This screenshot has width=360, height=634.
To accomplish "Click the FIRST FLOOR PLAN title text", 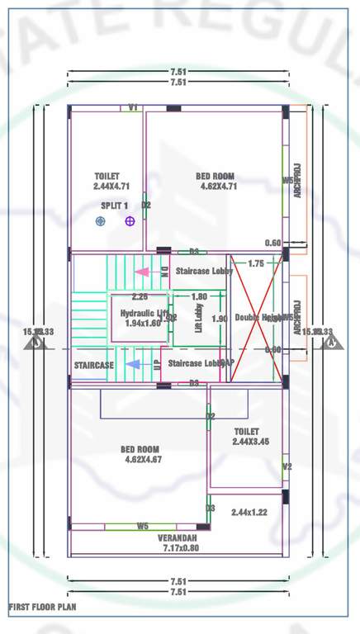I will click(x=42, y=607).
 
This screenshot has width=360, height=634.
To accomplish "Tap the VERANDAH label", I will click(x=178, y=537).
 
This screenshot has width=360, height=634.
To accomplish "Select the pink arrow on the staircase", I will click(x=141, y=271).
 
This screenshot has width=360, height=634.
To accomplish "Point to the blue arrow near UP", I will click(x=132, y=363).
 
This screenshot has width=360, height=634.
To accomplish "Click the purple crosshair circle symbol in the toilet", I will click(x=130, y=221).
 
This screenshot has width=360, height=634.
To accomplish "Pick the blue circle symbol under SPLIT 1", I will click(x=101, y=221).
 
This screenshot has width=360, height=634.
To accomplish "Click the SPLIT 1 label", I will click(x=115, y=205).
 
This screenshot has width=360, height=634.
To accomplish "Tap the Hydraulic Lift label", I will click(x=141, y=314).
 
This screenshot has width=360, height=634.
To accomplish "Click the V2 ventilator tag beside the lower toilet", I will click(x=287, y=466).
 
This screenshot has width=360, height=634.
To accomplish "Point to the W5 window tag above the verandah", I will click(x=143, y=526).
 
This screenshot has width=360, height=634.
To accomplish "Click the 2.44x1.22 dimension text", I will click(x=250, y=513).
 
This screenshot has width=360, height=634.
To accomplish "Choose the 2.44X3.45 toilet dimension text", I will click(x=246, y=442).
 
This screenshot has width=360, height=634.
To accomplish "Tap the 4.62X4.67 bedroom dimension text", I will click(x=143, y=459).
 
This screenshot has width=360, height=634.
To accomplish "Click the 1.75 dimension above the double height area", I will click(x=255, y=263).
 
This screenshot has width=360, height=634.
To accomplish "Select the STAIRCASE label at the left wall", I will click(x=93, y=365).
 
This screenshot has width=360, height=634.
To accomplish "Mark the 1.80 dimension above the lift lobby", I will click(x=199, y=296).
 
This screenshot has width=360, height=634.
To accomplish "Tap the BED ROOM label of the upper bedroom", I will click(x=215, y=176).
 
